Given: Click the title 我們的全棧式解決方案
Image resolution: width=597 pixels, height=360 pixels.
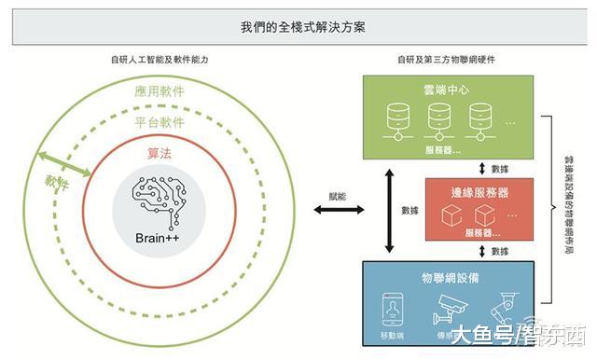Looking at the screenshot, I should click(298, 28).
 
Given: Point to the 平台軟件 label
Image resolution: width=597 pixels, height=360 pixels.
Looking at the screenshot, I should click(160, 122).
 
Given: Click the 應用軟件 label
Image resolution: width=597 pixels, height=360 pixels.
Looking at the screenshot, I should click(160, 92).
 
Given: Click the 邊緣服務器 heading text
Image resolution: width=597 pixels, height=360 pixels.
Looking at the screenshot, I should click(479, 192).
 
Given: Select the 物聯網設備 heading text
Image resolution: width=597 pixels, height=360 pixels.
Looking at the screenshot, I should click(447, 278).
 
